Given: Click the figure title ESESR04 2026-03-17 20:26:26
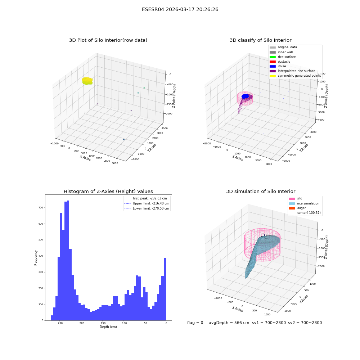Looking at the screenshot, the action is pyautogui.click(x=180, y=9).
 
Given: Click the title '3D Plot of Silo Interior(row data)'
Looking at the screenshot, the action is pyautogui.click(x=108, y=40).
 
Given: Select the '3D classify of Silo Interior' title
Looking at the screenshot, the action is pyautogui.click(x=261, y=40).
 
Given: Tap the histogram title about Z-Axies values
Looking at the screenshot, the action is pyautogui.click(x=108, y=191).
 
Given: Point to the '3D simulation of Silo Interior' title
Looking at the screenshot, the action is pyautogui.click(x=261, y=191).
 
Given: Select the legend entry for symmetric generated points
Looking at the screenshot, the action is pyautogui.click(x=295, y=76).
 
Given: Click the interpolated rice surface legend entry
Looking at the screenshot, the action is pyautogui.click(x=292, y=71).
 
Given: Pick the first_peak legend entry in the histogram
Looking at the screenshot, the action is pyautogui.click(x=145, y=198).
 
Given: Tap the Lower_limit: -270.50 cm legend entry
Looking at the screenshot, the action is pyautogui.click(x=147, y=208).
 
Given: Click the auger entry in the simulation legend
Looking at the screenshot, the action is pyautogui.click(x=297, y=208).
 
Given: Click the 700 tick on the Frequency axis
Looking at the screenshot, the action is pyautogui.click(x=41, y=208).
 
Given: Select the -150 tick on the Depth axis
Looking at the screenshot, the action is pyautogui.click(x=102, y=323).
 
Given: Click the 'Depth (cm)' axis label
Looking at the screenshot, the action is pyautogui.click(x=108, y=327).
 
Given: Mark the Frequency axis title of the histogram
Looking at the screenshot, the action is pyautogui.click(x=36, y=258).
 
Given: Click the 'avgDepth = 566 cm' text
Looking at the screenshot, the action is pyautogui.click(x=229, y=323).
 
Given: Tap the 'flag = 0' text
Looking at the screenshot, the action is pyautogui.click(x=195, y=323).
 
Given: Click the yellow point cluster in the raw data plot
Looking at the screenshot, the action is pyautogui.click(x=87, y=81).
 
